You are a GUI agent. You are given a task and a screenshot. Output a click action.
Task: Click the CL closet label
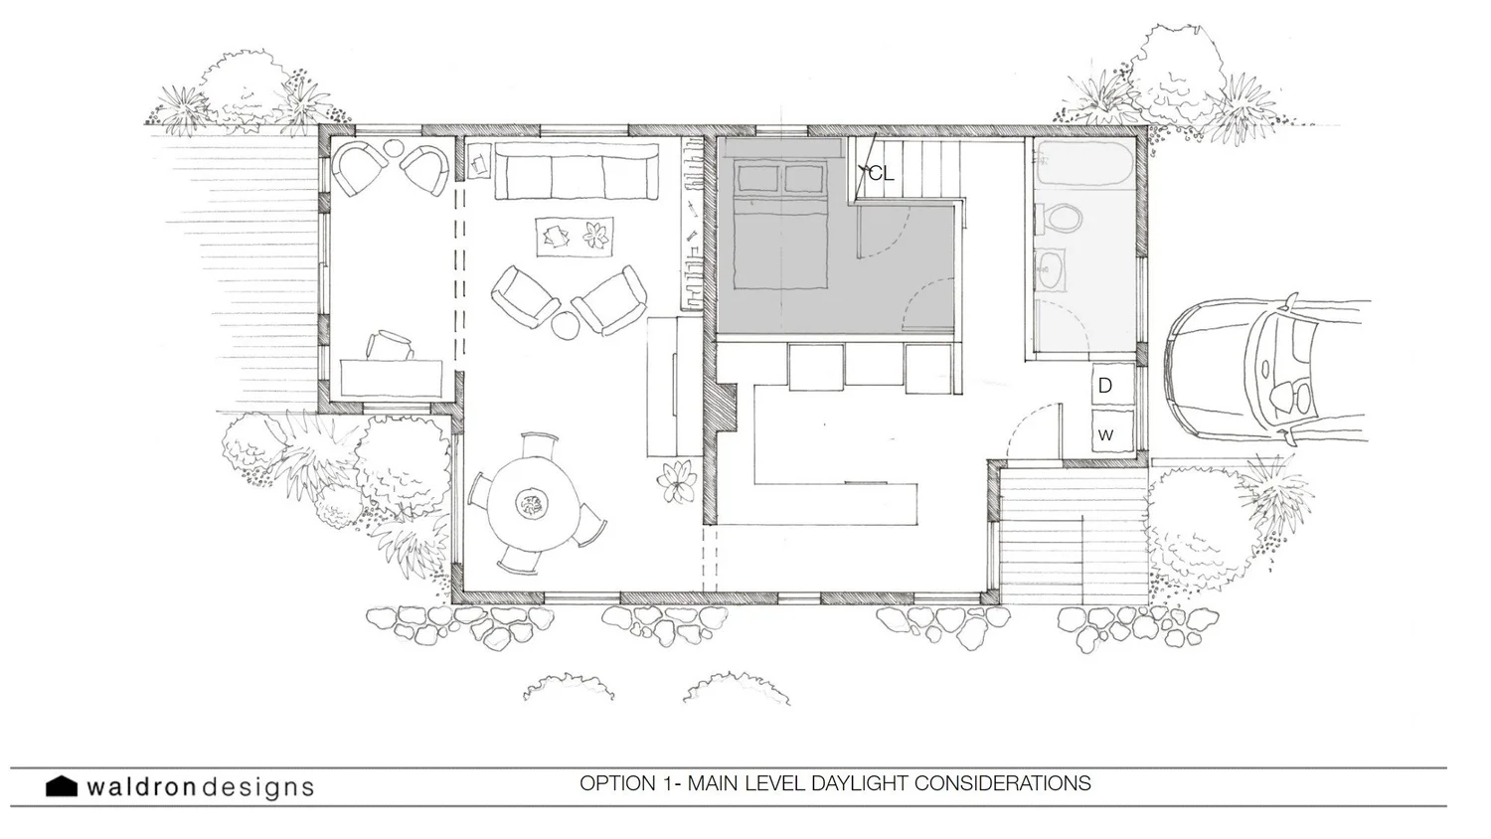pyautogui.click(x=881, y=174)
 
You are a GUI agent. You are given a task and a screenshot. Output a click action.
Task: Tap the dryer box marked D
pyautogui.click(x=1105, y=386)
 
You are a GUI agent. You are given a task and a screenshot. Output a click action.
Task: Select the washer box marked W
pyautogui.click(x=1105, y=434)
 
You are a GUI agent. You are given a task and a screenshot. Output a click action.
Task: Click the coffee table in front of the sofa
pyautogui.click(x=575, y=236)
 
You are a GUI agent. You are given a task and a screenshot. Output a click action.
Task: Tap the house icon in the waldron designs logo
pyautogui.click(x=62, y=786)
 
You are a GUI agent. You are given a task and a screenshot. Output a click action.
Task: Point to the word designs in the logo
pyautogui.click(x=257, y=787)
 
